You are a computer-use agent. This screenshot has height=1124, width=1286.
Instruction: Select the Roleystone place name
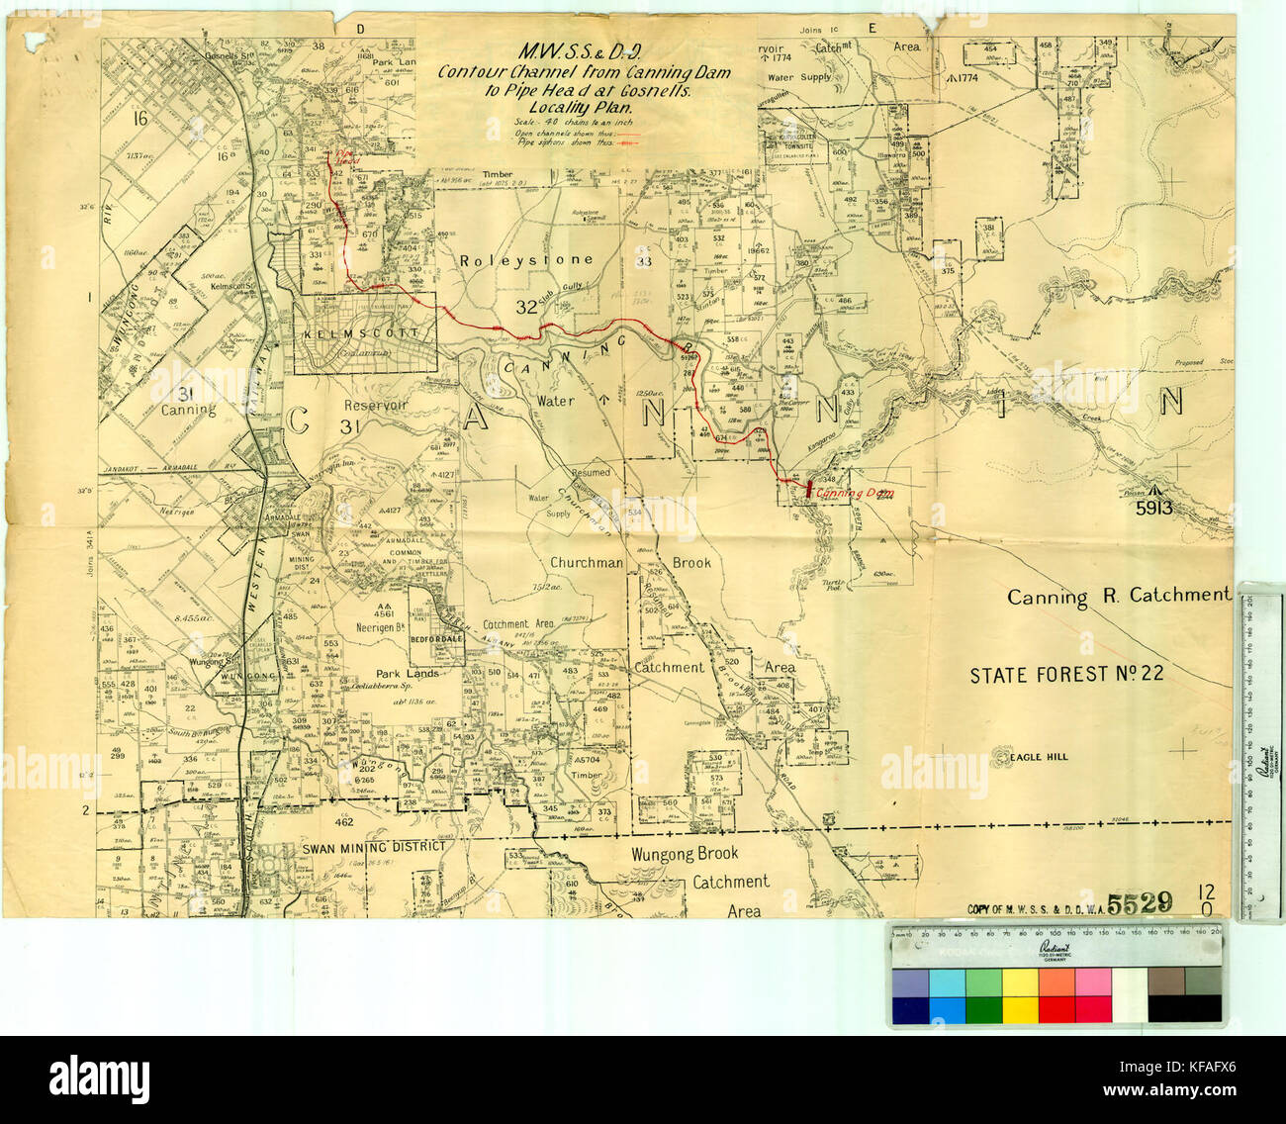click(526, 260)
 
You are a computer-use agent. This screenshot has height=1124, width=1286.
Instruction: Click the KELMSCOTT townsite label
click(363, 333)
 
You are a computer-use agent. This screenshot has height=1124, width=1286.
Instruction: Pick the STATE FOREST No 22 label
click(1065, 675)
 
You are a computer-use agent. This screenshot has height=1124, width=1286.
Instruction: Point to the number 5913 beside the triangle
click(1153, 509)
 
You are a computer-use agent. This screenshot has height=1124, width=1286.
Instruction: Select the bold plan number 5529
click(1140, 902)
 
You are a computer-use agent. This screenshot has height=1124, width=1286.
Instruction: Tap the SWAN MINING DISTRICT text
click(359, 847)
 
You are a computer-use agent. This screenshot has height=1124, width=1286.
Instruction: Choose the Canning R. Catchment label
click(1118, 597)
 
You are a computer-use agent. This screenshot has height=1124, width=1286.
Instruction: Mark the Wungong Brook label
click(684, 853)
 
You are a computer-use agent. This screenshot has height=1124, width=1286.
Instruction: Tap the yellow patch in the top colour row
click(1019, 983)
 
